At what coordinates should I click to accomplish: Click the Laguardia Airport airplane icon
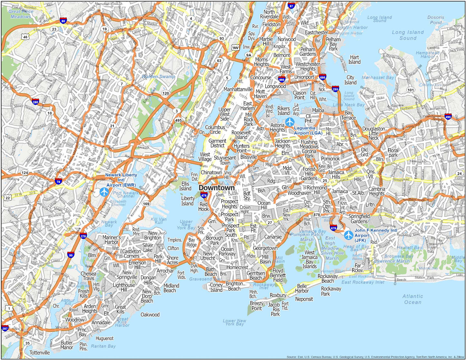pos(290,122)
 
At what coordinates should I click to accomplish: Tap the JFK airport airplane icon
pos(348,235)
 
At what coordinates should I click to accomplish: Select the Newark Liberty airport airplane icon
pos(104,192)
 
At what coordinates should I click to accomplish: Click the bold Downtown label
pos(216,188)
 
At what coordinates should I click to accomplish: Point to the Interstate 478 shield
pos(204,195)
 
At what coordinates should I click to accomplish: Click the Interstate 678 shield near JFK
pos(333,228)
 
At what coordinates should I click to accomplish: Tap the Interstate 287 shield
pos(5,328)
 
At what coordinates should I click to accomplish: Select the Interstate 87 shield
pos(291,6)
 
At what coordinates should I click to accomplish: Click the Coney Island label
pos(216,287)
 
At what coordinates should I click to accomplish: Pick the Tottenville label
pos(40,353)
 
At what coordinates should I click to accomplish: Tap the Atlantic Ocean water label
pos(412,299)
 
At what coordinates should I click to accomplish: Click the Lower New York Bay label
pos(234,322)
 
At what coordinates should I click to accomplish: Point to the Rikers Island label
pos(283,111)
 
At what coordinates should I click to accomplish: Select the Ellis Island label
pos(185,186)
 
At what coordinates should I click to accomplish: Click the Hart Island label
pos(354,60)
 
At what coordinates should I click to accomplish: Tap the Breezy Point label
pos(257,306)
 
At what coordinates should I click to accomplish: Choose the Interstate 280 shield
pos(35,102)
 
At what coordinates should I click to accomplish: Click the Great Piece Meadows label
pos(21,14)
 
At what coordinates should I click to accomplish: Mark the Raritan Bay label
pos(103,346)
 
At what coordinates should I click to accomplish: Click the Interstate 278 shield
pos(83,236)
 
